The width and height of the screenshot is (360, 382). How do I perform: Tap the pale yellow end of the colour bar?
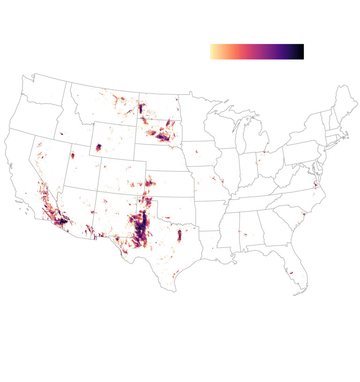[x=212, y=52]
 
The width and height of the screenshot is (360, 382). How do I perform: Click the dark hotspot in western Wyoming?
[x=98, y=148]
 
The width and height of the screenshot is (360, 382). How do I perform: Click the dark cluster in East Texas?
[x=179, y=235]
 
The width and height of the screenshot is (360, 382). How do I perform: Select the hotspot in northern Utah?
[x=73, y=155]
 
